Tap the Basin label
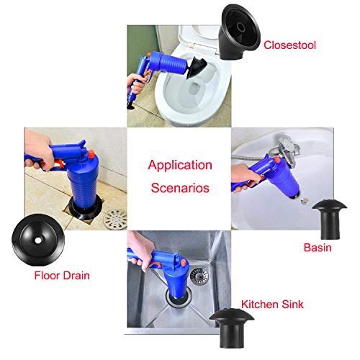pos(317,247)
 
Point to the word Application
pos(180,165)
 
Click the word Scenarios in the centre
pos(179,189)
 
